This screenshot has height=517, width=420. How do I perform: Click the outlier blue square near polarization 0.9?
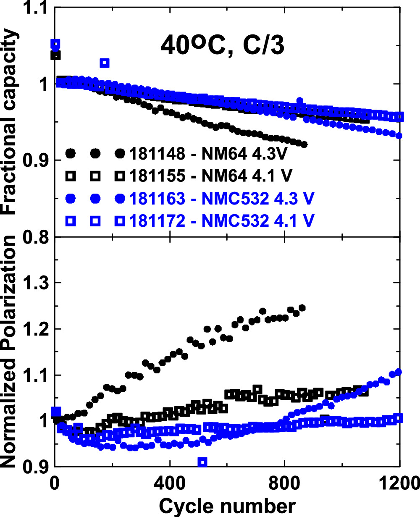click(x=202, y=462)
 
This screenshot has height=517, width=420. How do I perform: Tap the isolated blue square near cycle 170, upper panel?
click(x=105, y=63)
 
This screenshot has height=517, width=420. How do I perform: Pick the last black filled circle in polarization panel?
click(x=302, y=308)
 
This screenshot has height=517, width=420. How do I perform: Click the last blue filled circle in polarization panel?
click(x=399, y=372)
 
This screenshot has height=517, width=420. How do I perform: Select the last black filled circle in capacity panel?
click(x=304, y=144)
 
